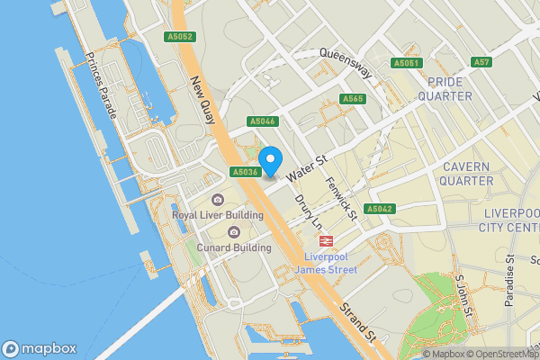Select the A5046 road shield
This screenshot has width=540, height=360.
pos(263,121)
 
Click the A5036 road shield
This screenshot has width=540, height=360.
pos(245,172)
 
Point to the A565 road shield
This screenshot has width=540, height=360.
pos(352,99)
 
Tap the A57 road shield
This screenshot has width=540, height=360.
pos(482,62)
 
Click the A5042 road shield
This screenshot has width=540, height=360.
pos(380,209)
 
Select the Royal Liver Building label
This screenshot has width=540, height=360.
pos(218,215)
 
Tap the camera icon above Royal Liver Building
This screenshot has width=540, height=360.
pos(217,200)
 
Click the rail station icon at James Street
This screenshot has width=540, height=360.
pos(325,241)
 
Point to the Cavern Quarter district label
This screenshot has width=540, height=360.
pos(465,174)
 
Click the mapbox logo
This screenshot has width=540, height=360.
pos(40,349)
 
